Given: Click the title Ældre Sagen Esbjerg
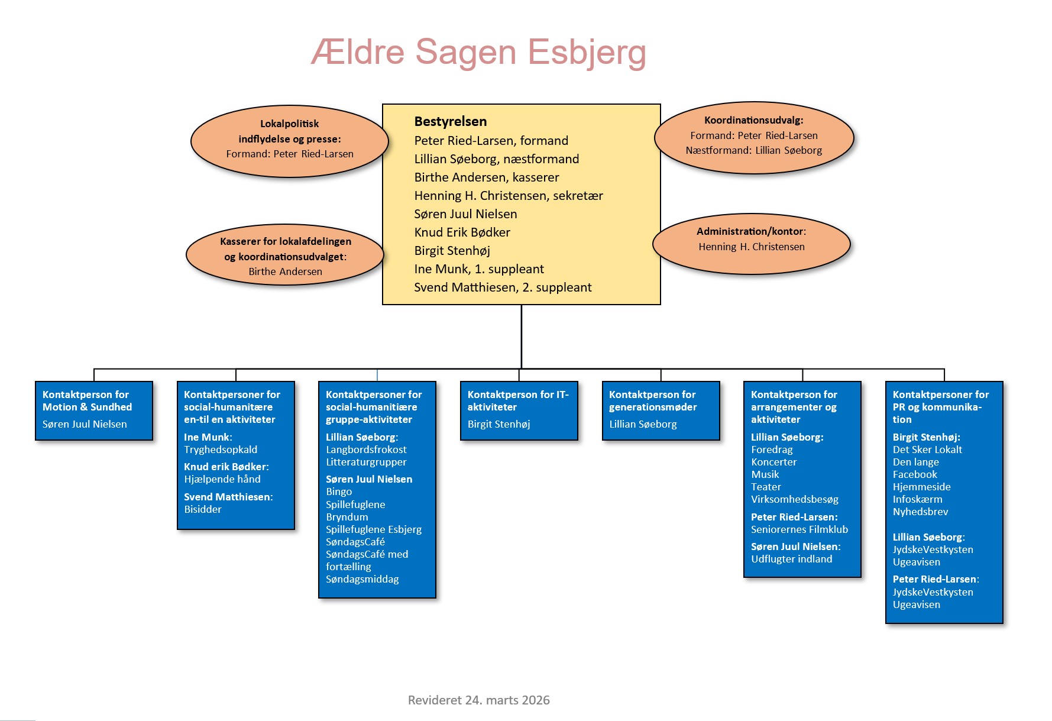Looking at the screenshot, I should coord(478,52).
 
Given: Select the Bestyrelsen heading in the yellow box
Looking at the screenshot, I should coord(451,122).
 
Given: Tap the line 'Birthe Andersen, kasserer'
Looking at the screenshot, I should coord(486,177).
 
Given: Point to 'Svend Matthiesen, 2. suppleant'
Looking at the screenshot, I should coord(503,287).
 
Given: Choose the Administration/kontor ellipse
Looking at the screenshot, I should coord(751,244).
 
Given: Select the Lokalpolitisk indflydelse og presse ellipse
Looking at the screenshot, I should coord(289,141).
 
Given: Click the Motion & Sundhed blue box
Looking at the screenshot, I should coord(94,410).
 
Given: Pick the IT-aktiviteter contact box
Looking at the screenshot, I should coord(519,410).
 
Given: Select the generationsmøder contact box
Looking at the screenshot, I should coord(661,410).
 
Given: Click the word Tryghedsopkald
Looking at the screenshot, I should coord(221,450).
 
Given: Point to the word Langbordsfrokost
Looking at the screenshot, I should coord(366,450).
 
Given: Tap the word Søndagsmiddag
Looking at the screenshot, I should coord(362,579).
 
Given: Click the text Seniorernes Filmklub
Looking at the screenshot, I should coord(799,529).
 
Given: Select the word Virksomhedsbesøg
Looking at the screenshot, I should coord(794,499).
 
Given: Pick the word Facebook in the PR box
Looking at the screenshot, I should coord(915,474).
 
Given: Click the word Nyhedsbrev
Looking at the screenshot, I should coord(920,512).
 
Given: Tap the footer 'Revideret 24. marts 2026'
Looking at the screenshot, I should coord(478,700).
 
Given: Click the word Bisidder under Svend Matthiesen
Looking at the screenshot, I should coord(203,509).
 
